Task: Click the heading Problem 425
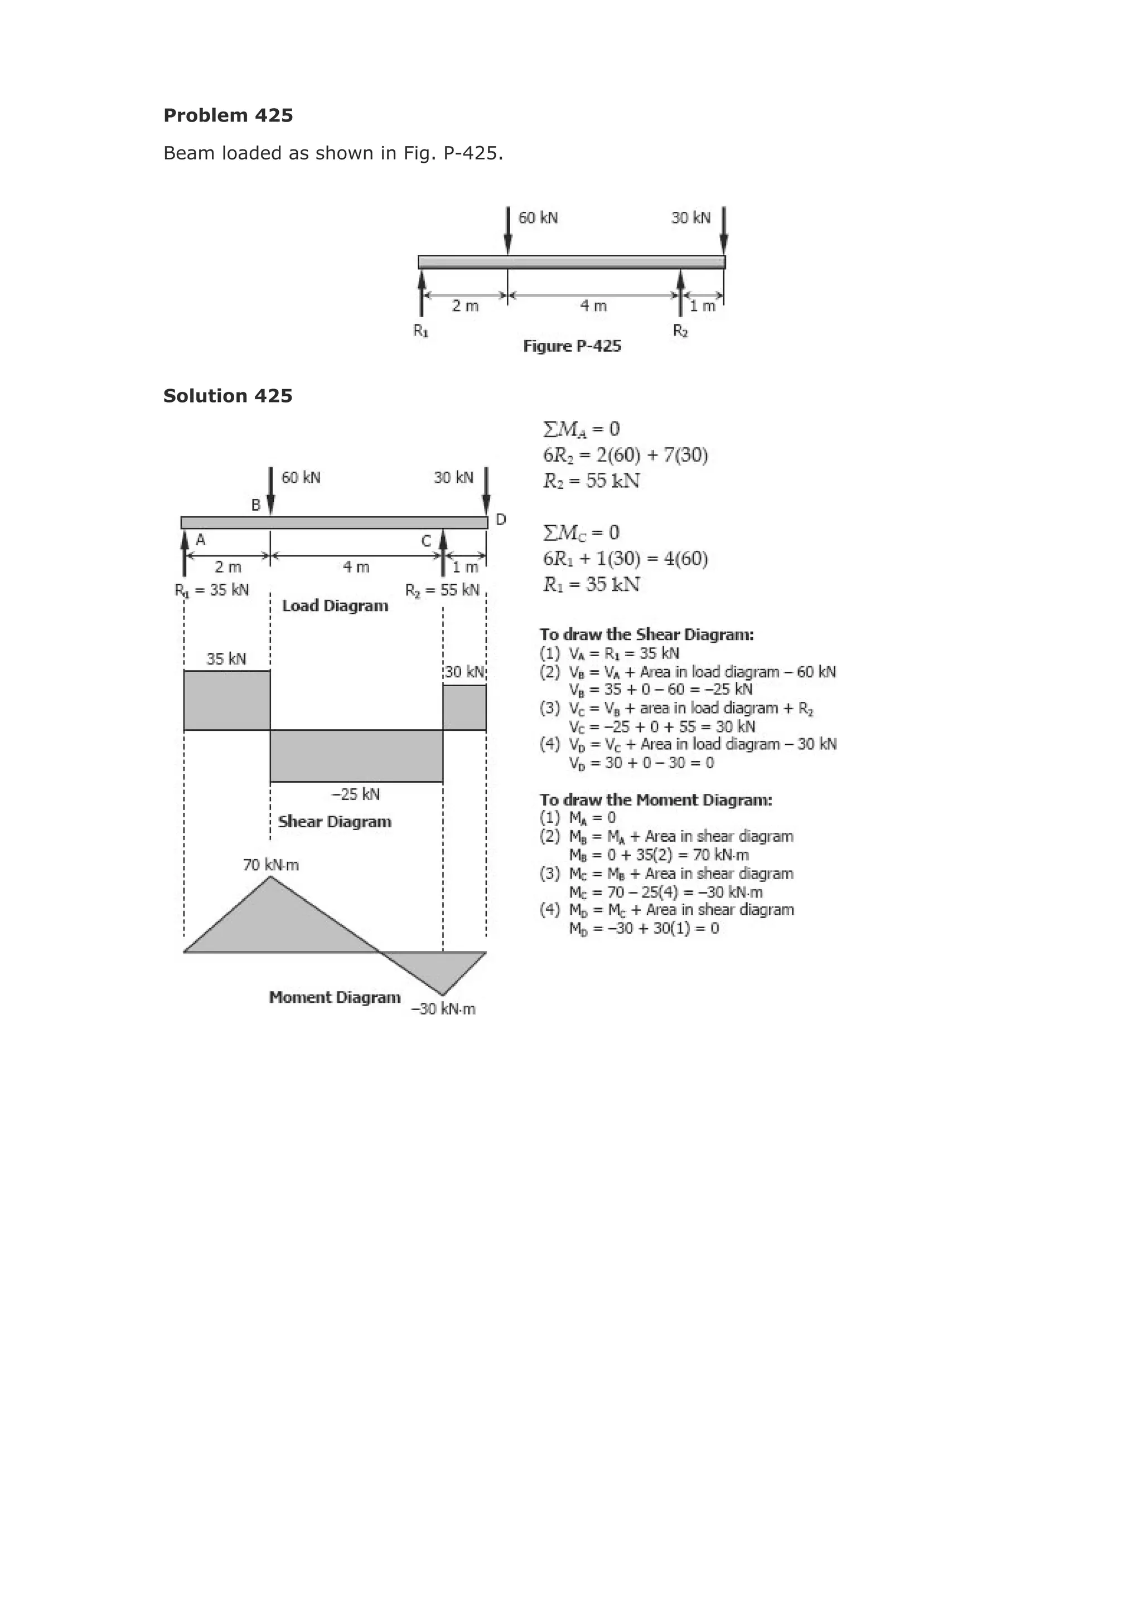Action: click(228, 115)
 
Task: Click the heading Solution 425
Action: click(228, 396)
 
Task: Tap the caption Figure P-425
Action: click(572, 346)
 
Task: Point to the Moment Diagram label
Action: click(335, 997)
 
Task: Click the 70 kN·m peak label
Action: click(271, 865)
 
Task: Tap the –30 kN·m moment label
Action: click(443, 1010)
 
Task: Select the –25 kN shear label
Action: click(355, 794)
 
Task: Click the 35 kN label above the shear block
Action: click(226, 659)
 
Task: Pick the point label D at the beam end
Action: click(501, 520)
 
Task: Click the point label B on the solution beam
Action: click(256, 505)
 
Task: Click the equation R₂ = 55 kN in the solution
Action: click(591, 481)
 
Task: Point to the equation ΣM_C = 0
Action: click(581, 532)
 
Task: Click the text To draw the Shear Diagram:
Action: click(647, 634)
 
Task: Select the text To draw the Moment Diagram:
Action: click(656, 800)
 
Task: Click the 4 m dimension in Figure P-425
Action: click(593, 306)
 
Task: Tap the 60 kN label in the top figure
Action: click(538, 218)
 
